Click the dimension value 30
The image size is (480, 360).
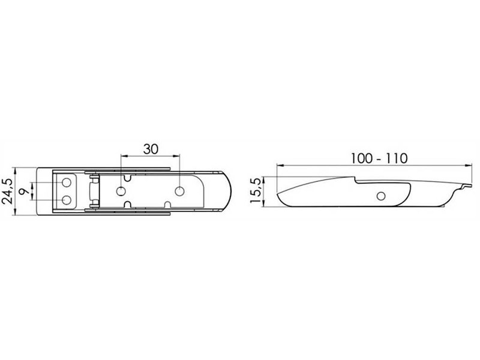click(x=151, y=149)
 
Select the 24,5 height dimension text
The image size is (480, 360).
click(x=7, y=191)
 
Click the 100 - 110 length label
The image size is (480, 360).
click(x=379, y=158)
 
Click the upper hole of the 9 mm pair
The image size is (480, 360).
click(x=67, y=183)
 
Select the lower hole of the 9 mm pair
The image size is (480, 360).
click(x=67, y=200)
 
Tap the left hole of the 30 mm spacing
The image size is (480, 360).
click(x=121, y=191)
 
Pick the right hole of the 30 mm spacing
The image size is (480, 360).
click(x=179, y=191)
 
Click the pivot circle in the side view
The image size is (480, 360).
click(x=381, y=196)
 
